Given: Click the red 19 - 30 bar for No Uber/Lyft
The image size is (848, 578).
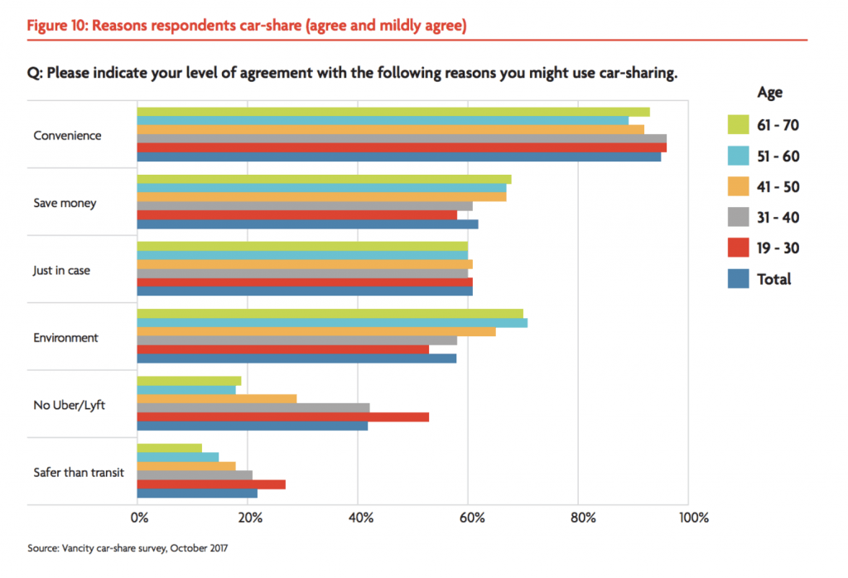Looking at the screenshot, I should pyautogui.click(x=282, y=417).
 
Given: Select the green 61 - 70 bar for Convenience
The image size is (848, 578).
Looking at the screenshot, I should pyautogui.click(x=393, y=112).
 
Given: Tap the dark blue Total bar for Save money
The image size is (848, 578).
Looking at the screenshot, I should pyautogui.click(x=307, y=224).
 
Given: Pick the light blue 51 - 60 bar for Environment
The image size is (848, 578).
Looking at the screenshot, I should pyautogui.click(x=331, y=322).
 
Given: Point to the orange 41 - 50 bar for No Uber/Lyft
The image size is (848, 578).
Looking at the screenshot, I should pyautogui.click(x=216, y=398).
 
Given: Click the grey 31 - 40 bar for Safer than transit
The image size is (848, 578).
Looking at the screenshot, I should pyautogui.click(x=195, y=474).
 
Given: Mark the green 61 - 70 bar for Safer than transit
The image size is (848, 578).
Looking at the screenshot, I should pyautogui.click(x=169, y=448).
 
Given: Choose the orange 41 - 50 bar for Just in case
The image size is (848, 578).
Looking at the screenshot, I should pyautogui.click(x=304, y=264).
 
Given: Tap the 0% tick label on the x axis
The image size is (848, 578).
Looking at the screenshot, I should pyautogui.click(x=139, y=518).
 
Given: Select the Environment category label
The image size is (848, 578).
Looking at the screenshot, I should pyautogui.click(x=65, y=338).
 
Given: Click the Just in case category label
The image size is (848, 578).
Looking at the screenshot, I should pyautogui.click(x=62, y=270).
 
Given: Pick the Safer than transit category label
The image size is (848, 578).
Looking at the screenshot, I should pyautogui.click(x=79, y=473).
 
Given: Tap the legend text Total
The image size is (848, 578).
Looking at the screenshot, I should pyautogui.click(x=773, y=279).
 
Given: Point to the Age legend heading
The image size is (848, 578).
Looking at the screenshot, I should pyautogui.click(x=769, y=93).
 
